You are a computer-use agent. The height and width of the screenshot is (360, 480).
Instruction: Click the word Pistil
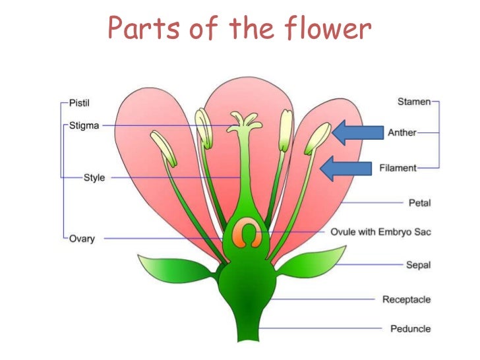coord(80,104)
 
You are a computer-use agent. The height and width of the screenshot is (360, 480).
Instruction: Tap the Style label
coord(94,177)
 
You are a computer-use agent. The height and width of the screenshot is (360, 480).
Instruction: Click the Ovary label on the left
coord(83,238)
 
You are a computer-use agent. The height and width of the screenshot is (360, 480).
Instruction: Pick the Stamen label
coord(414,102)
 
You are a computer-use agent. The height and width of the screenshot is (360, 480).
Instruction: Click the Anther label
coord(402,133)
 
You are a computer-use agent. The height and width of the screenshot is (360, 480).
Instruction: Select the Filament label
coord(398,168)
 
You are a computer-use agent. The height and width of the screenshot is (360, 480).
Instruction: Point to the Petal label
coord(419,202)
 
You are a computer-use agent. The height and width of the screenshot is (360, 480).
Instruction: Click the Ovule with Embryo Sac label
coord(380,232)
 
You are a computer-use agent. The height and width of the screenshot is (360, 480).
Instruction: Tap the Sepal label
coord(418,264)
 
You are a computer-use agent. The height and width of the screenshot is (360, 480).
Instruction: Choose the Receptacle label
coord(406,299)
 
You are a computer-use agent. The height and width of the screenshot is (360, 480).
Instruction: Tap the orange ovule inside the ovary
coord(248,234)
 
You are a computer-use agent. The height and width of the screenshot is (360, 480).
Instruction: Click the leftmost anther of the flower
coord(163,148)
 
